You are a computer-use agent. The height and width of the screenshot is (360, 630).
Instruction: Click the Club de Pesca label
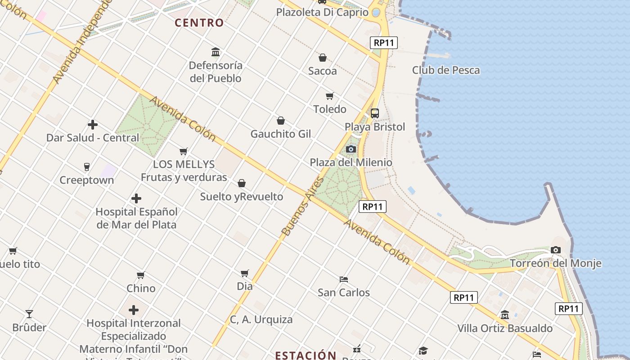pyautogui.click(x=446, y=70)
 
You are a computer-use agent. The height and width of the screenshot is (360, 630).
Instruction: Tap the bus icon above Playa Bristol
pyautogui.click(x=375, y=113)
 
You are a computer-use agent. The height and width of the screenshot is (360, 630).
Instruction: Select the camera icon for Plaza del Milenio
pyautogui.click(x=351, y=149)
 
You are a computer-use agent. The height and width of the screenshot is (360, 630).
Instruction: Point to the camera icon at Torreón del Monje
pyautogui.click(x=556, y=250)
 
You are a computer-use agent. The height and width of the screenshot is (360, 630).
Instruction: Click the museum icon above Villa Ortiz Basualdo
pyautogui.click(x=505, y=315)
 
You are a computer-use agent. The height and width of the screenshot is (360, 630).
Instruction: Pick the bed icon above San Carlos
pyautogui.click(x=344, y=279)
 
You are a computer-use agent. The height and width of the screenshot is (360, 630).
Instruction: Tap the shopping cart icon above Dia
pyautogui.click(x=245, y=273)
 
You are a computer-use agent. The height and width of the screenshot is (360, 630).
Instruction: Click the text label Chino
pyautogui.click(x=141, y=288)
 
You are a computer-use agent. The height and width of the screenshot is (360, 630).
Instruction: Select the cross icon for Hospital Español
pyautogui.click(x=136, y=198)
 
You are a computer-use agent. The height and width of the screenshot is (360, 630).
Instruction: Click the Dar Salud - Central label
pyautogui.click(x=93, y=138)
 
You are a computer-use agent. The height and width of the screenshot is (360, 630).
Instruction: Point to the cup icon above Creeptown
pyautogui.click(x=87, y=167)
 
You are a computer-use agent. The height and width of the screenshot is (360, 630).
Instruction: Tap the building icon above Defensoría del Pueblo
pyautogui.click(x=216, y=52)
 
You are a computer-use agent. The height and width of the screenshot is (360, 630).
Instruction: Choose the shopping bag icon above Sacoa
pyautogui.click(x=323, y=58)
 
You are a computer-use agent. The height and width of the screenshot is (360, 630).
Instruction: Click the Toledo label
pyautogui.click(x=330, y=109)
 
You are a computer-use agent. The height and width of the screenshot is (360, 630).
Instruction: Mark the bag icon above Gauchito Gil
pyautogui.click(x=281, y=121)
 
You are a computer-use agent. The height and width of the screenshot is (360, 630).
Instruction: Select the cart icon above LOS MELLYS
pyautogui.click(x=184, y=151)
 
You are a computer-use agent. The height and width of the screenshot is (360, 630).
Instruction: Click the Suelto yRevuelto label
pyautogui.click(x=242, y=197)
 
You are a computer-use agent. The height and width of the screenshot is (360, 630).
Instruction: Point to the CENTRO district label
pyautogui.click(x=199, y=23)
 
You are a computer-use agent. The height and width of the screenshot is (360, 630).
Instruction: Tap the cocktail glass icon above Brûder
pyautogui.click(x=29, y=314)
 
